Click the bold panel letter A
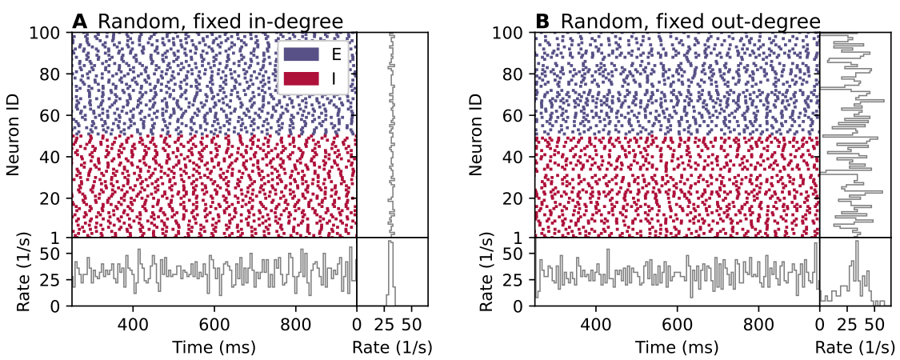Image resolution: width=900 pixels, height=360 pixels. pyautogui.click(x=79, y=22)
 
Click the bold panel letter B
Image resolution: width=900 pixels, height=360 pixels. pyautogui.click(x=542, y=22)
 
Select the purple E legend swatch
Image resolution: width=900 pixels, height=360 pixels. pyautogui.click(x=300, y=54)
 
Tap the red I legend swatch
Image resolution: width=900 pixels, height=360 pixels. pyautogui.click(x=300, y=78)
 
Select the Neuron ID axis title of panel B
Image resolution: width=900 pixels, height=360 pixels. pyautogui.click(x=477, y=134)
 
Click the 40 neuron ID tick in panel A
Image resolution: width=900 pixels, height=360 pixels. pyautogui.click(x=56, y=156)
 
